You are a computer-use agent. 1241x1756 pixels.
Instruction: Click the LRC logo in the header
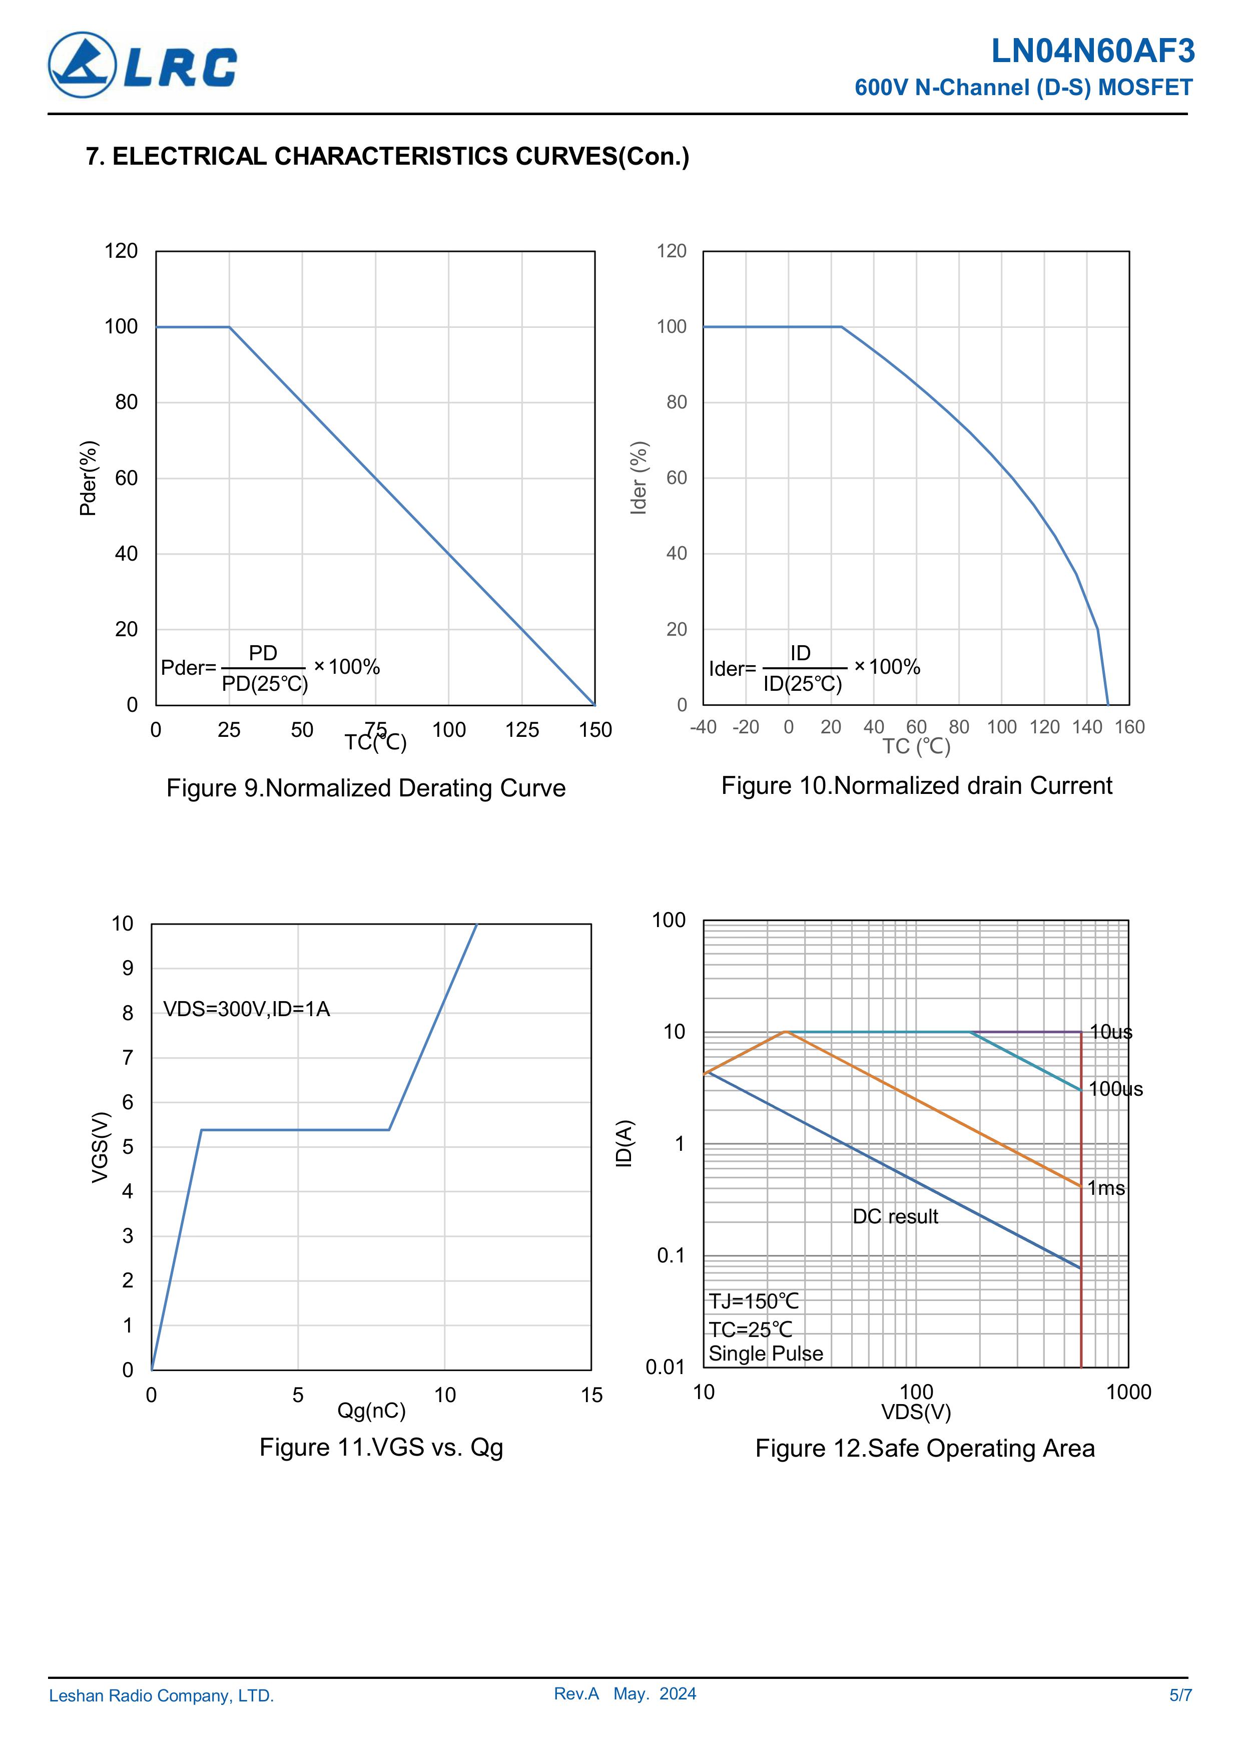pyautogui.click(x=143, y=65)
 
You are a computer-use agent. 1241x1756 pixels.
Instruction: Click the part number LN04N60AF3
pyautogui.click(x=1093, y=51)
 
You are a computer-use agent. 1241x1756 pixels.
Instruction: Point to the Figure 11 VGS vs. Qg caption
pyautogui.click(x=381, y=1447)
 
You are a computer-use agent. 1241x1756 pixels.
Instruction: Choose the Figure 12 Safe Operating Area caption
pyautogui.click(x=924, y=1449)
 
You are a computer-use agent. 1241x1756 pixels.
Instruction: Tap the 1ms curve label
pyautogui.click(x=1106, y=1188)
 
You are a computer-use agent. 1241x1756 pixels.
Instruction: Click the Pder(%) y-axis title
pyautogui.click(x=88, y=478)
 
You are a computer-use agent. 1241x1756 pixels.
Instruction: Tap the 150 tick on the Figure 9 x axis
pyautogui.click(x=595, y=730)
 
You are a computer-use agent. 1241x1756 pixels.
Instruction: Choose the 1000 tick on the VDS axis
pyautogui.click(x=1128, y=1392)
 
